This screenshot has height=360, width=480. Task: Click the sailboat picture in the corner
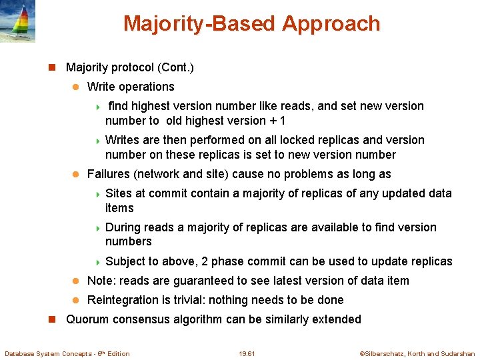tap(18, 21)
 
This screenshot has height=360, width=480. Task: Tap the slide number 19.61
tap(246, 353)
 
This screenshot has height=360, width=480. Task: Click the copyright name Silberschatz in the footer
tap(383, 353)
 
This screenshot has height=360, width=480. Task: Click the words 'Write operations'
tap(131, 87)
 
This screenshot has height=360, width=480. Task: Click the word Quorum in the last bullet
tap(87, 319)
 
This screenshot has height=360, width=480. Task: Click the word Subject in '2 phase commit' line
tap(125, 261)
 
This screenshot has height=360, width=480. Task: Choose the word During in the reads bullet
tap(123, 227)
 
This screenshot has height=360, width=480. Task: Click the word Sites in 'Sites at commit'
tap(119, 193)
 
